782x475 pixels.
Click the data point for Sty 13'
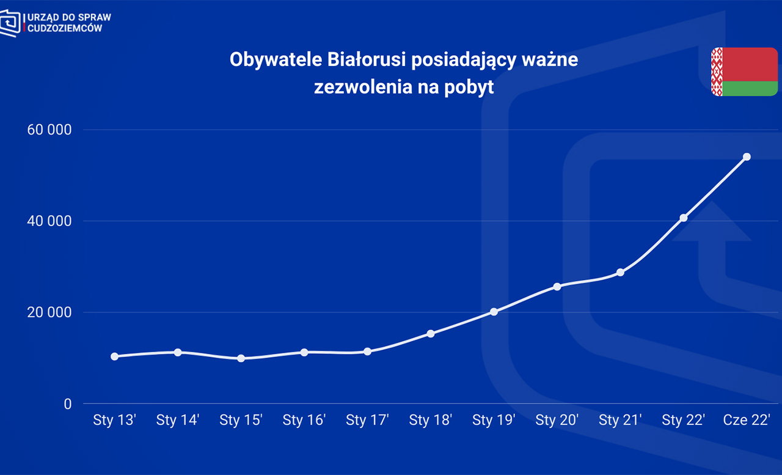[114, 356]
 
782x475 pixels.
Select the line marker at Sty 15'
[241, 358]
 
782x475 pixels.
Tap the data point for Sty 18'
[431, 334]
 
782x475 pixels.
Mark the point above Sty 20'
[557, 287]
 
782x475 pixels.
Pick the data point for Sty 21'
[620, 273]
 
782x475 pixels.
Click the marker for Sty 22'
[684, 218]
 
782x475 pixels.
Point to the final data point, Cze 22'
[747, 157]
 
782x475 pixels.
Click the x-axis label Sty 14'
[178, 421]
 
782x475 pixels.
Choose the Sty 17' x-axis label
[367, 421]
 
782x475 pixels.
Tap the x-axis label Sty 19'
[494, 421]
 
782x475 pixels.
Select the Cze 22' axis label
[747, 421]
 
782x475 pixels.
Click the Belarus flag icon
[744, 72]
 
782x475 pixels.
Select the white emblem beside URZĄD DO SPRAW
[10, 23]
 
